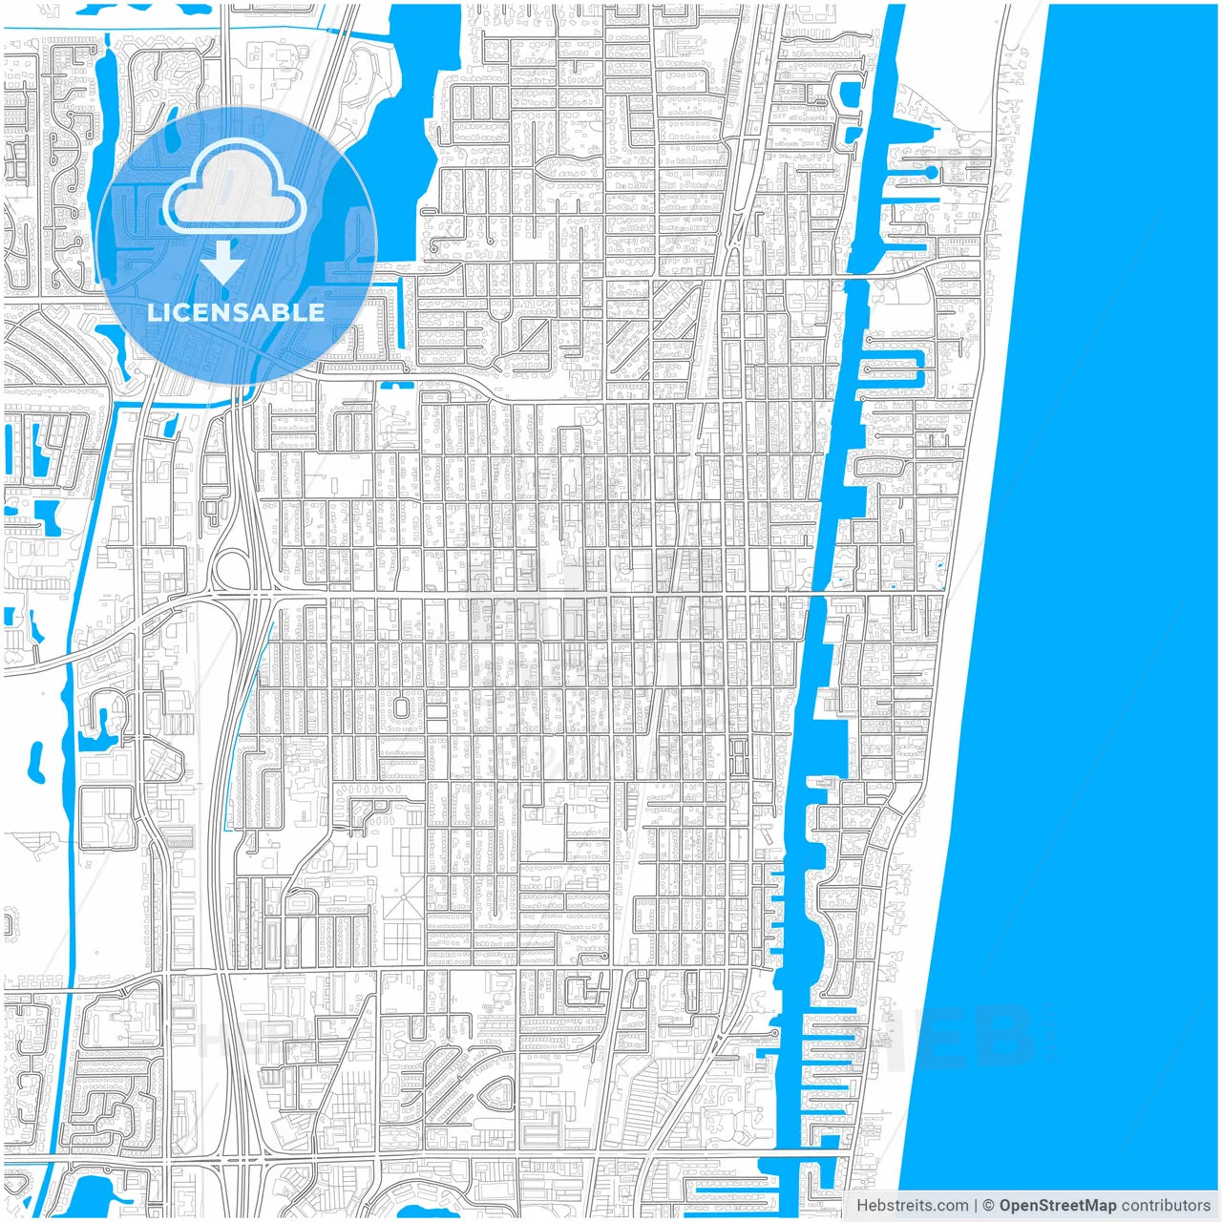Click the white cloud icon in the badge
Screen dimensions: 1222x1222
234,187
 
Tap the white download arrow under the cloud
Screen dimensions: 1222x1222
223,262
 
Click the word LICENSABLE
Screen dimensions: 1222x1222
236,312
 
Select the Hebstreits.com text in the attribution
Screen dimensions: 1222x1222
912,1206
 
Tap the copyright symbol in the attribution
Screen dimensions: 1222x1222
989,1206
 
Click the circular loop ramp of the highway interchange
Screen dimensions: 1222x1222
230,571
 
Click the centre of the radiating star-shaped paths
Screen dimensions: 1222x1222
404,908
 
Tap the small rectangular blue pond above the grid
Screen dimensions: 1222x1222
397,386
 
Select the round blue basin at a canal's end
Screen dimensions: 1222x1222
930,173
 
